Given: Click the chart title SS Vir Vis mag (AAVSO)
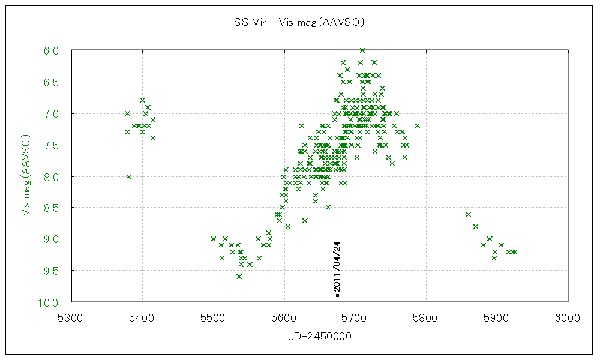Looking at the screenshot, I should coord(299,23).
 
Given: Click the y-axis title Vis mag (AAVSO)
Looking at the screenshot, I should coord(26,176).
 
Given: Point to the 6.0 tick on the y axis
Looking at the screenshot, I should coord(51,51).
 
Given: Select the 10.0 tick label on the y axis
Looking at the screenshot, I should coord(49,302).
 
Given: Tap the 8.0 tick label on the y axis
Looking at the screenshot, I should coord(51,176).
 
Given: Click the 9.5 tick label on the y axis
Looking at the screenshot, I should coord(51,271).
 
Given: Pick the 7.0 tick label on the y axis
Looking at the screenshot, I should coord(51,113).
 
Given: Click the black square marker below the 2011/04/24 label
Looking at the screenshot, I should coord(338,295).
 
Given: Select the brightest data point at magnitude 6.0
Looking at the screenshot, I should coord(362,50).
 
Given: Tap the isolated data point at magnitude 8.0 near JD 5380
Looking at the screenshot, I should coord(128,176).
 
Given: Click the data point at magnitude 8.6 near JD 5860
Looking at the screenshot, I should coord(468,214).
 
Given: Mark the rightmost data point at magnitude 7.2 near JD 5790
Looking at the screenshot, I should coord(417,125).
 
